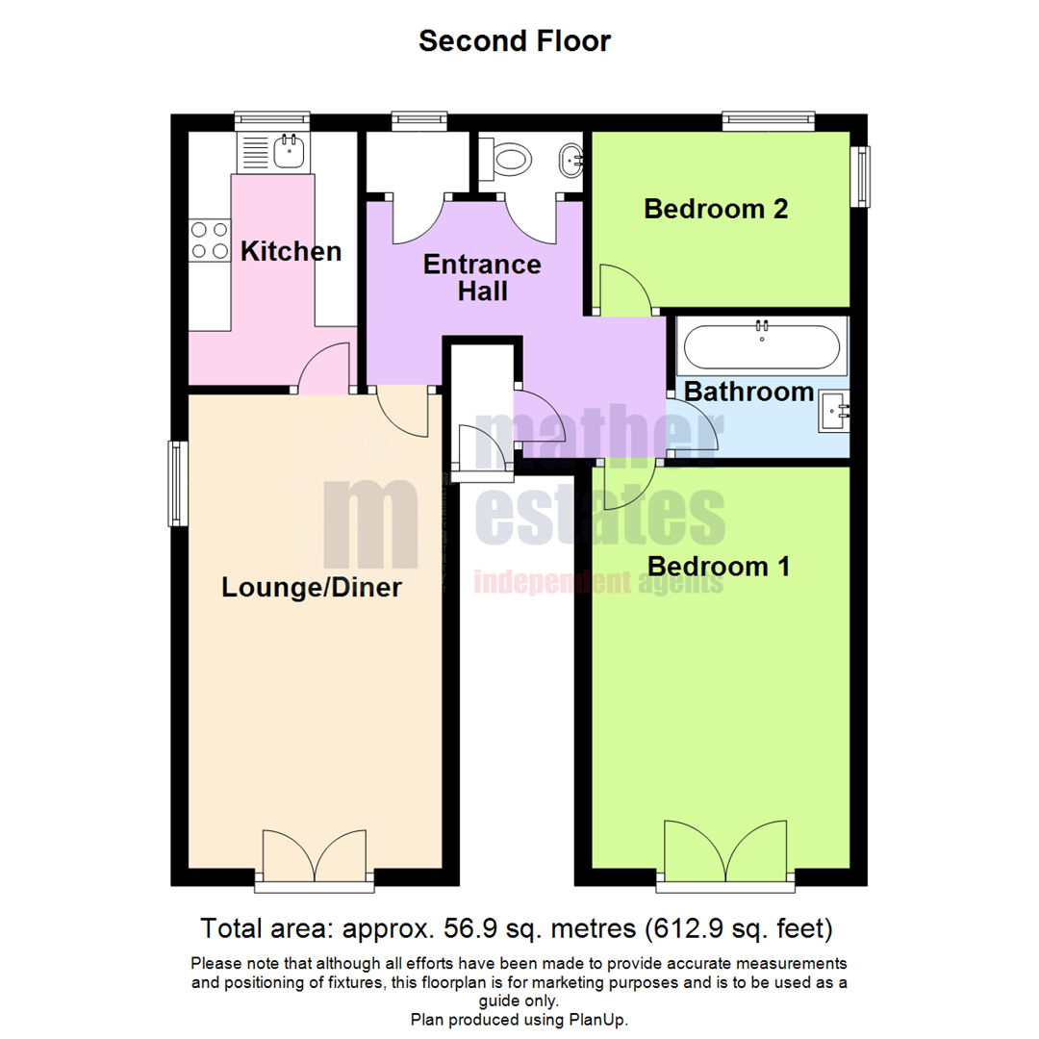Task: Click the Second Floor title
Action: (515, 41)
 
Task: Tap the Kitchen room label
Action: (291, 252)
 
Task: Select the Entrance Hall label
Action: (482, 277)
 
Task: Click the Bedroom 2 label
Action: (716, 209)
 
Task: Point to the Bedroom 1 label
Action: (719, 567)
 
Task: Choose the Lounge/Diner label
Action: (311, 587)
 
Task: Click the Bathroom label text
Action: (749, 392)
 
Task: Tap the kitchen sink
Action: (288, 151)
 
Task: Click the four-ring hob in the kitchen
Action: (210, 240)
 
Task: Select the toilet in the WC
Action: (508, 159)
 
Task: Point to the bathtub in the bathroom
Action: (762, 346)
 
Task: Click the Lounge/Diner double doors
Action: (314, 854)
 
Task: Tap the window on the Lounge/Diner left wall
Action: (178, 483)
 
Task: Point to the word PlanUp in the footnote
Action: (599, 1019)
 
